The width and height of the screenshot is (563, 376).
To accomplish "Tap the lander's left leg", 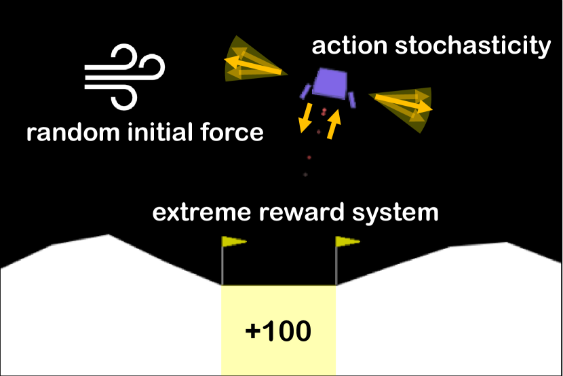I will (x=307, y=91).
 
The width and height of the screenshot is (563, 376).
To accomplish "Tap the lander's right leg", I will (x=351, y=100).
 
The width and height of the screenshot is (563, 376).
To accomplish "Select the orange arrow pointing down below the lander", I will (x=306, y=117).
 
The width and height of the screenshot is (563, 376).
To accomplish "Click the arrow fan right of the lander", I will (x=405, y=105).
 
